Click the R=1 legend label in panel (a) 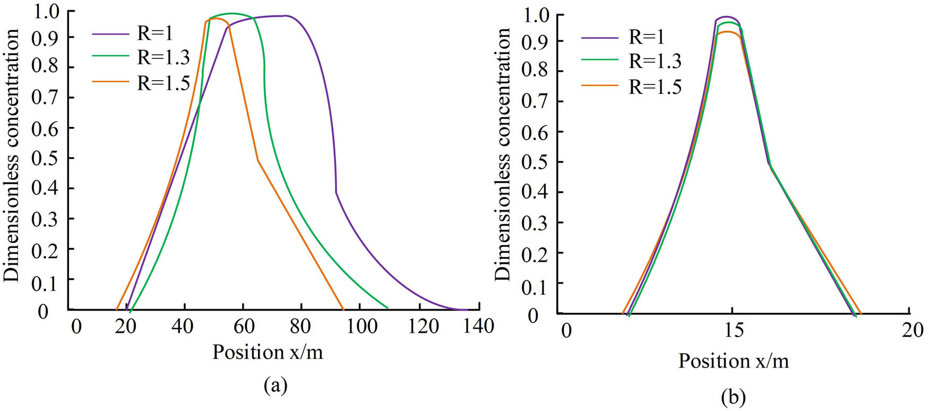pyautogui.click(x=154, y=33)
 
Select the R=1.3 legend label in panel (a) pyautogui.click(x=163, y=57)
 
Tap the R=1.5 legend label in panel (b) pyautogui.click(x=655, y=87)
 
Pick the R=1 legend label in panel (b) pyautogui.click(x=646, y=37)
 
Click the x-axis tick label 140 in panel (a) pyautogui.click(x=478, y=326)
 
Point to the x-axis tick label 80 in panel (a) pyautogui.click(x=300, y=326)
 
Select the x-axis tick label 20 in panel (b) pyautogui.click(x=912, y=330)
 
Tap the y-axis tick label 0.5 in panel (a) pyautogui.click(x=45, y=159)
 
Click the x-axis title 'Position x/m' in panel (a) pyautogui.click(x=268, y=352)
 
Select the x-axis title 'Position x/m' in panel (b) pyautogui.click(x=734, y=361)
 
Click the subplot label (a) pyautogui.click(x=275, y=385)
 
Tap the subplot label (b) pyautogui.click(x=733, y=396)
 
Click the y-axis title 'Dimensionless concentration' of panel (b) pyautogui.click(x=502, y=154)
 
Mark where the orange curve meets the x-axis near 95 pyautogui.click(x=343, y=309)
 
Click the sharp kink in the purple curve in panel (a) pyautogui.click(x=336, y=193)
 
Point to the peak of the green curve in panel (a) pyautogui.click(x=231, y=13)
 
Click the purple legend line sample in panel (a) pyautogui.click(x=110, y=34)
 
